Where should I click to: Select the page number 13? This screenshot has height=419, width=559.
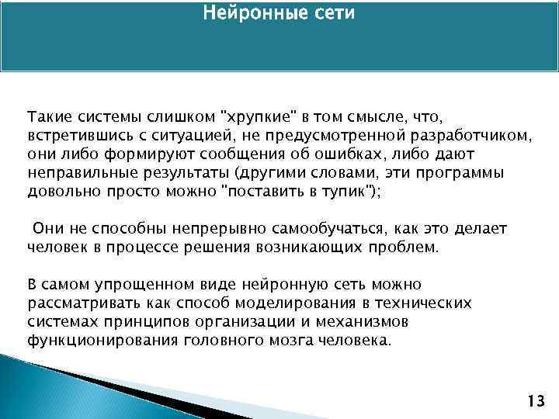click(534, 401)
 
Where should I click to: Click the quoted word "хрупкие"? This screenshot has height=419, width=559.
click(260, 117)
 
